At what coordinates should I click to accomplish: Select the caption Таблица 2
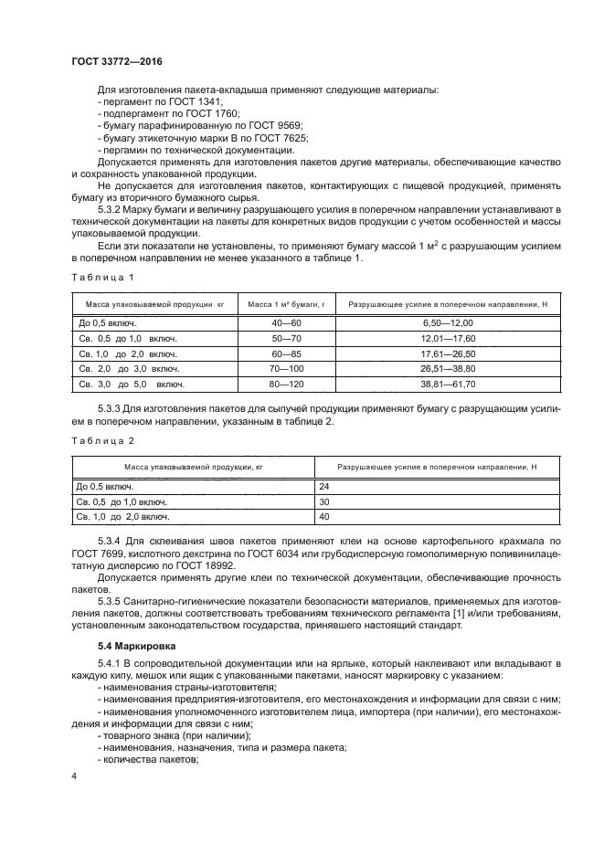click(102, 440)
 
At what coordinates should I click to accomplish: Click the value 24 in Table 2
click(323, 487)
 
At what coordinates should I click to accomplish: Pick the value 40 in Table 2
click(323, 517)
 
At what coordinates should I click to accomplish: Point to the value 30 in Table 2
click(323, 501)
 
